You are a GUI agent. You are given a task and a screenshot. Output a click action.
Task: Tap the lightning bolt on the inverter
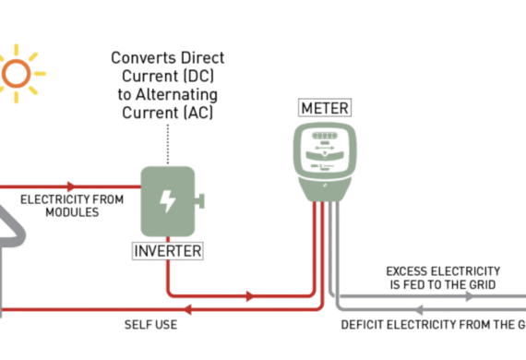(x=168, y=200)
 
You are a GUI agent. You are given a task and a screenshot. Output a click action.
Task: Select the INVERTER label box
(x=168, y=250)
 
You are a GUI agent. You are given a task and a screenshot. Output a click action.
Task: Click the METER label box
(x=325, y=108)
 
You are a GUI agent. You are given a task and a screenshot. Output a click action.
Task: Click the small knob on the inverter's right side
(x=199, y=200)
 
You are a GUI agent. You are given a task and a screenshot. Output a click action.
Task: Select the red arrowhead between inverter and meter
(x=250, y=296)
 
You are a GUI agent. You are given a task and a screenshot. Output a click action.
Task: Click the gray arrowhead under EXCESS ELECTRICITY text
(x=442, y=296)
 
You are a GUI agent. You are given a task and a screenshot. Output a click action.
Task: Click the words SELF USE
(x=150, y=325)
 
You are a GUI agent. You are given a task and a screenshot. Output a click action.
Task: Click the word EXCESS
(x=409, y=271)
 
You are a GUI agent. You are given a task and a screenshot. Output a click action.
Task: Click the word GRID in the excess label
(x=480, y=285)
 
